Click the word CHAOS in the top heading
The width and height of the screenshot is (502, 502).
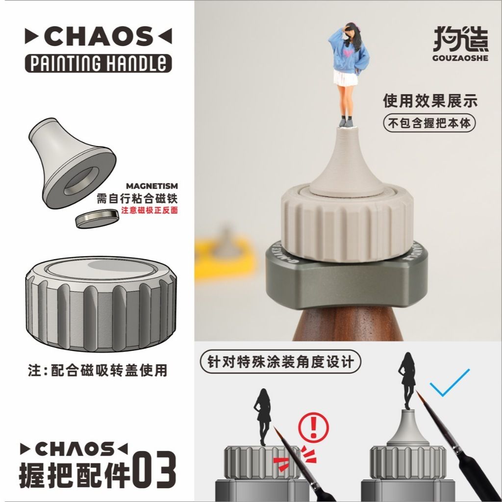tap(98, 37)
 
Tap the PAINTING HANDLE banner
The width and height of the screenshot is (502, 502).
tap(98, 63)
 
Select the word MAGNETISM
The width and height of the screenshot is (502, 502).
tap(152, 186)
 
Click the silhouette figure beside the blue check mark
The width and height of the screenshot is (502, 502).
tap(407, 379)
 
